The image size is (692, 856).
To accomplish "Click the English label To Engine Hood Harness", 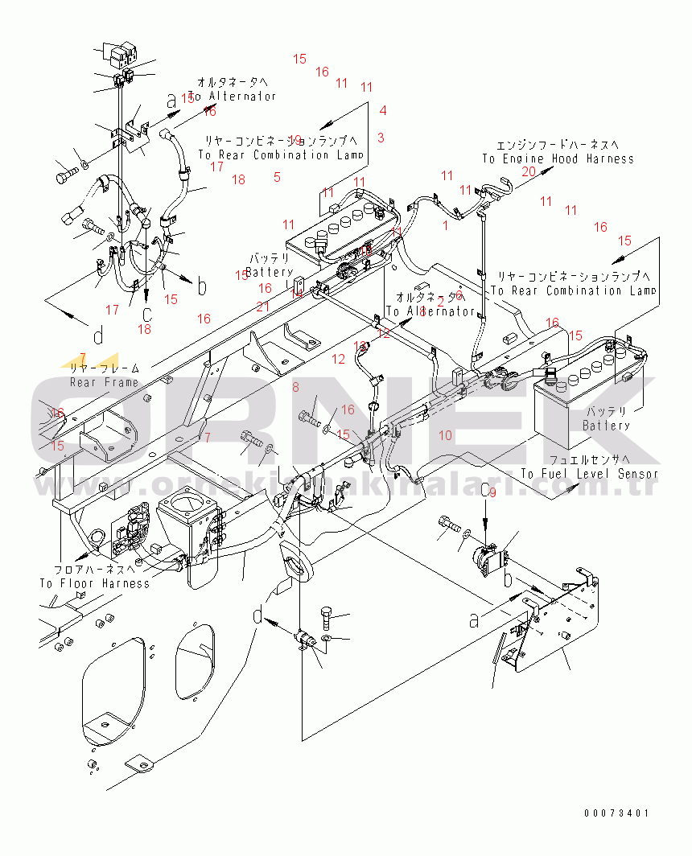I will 558,158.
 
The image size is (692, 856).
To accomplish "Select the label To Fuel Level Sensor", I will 589,474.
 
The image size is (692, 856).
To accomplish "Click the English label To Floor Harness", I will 95,583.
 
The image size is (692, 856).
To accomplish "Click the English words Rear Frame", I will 104,382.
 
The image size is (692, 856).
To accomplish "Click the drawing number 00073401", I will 616,813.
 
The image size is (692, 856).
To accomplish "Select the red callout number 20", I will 529,171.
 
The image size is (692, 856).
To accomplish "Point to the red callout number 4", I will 383,111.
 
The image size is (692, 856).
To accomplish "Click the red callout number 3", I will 381,138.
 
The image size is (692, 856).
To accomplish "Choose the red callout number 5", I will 277,177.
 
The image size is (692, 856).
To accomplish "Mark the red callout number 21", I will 263,306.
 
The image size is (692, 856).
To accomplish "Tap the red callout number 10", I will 445,435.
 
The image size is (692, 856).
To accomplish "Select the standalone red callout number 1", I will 445,225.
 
